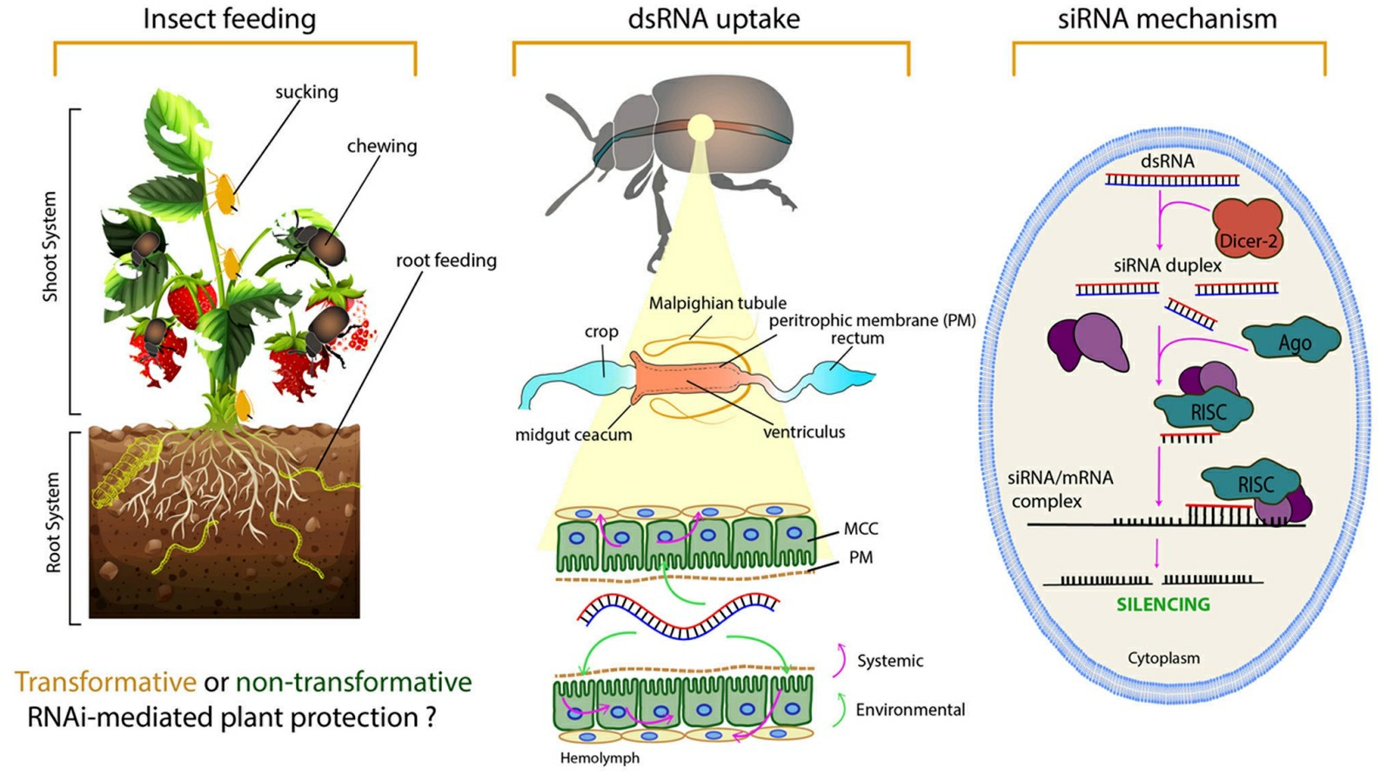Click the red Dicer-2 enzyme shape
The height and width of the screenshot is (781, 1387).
point(1247,229)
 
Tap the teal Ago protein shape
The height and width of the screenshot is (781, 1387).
point(1291,342)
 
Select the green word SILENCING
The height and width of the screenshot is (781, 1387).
point(1163,604)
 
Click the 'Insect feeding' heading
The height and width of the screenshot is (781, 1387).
point(229,19)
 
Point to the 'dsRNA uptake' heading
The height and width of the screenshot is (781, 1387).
point(714,19)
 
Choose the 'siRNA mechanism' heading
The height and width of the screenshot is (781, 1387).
point(1167,19)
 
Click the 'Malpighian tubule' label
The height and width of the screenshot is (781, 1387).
point(717,304)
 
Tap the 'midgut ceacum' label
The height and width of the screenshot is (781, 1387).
point(573,435)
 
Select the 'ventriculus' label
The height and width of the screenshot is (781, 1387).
point(803,432)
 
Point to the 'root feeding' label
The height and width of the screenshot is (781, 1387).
point(446,261)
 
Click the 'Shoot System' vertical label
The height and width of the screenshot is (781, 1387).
point(50,247)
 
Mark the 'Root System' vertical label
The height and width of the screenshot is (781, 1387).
point(54,523)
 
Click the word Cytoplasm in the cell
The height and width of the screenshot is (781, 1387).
point(1163,658)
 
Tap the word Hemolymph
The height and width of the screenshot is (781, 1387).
point(600,758)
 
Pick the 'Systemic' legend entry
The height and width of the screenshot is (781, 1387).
point(889,661)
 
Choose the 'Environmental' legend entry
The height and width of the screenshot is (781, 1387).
point(909,711)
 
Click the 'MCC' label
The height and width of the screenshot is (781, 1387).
point(861,529)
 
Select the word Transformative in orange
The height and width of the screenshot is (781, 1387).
point(105,682)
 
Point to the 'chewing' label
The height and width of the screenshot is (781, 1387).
point(381,146)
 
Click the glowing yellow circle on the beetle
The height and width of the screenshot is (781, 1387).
point(700,129)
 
